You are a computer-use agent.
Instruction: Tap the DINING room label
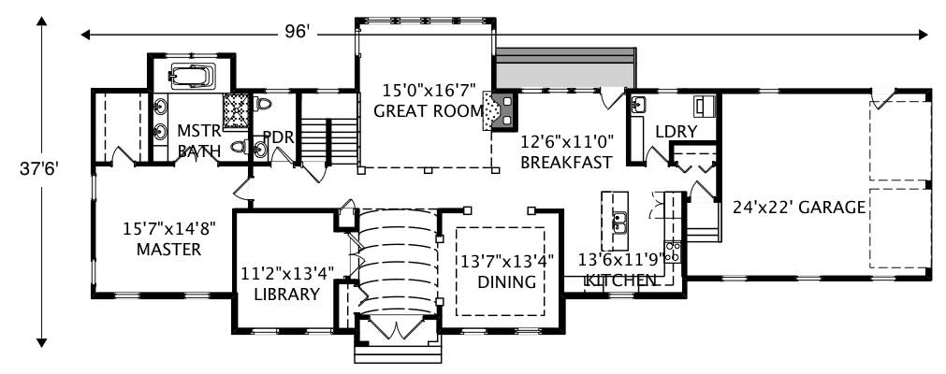[x=506, y=281]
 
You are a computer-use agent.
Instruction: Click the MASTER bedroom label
[x=168, y=250]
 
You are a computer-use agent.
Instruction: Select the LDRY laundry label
[x=676, y=132]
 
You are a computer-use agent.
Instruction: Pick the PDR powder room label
[x=279, y=138]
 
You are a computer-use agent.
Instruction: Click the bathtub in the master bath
[x=192, y=75]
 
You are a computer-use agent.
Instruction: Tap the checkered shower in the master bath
[x=236, y=109]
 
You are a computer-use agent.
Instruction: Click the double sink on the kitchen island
[x=619, y=222]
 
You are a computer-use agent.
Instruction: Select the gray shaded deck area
[x=565, y=69]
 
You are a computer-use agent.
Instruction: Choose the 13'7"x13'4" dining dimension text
[x=506, y=261]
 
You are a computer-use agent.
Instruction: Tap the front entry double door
[x=397, y=328]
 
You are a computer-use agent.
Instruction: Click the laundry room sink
[x=639, y=105]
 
